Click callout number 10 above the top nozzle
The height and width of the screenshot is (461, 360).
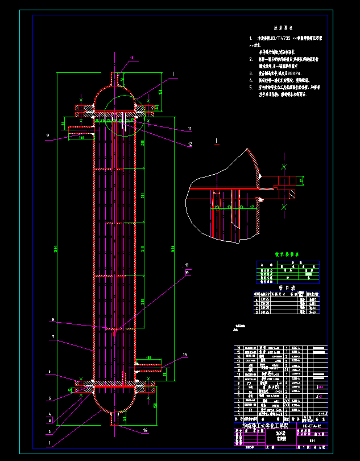132,58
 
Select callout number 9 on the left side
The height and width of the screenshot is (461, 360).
49,135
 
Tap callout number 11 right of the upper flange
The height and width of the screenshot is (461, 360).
190,129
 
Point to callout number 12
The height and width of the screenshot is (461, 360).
190,145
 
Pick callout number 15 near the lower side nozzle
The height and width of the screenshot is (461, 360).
185,355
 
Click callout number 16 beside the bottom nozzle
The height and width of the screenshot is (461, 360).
145,431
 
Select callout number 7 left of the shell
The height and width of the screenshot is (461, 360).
52,337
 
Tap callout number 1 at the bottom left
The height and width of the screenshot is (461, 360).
49,442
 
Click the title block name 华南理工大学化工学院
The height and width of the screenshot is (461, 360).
266,426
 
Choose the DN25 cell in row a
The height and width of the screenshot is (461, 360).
265,298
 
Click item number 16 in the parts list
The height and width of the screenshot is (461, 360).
238,347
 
